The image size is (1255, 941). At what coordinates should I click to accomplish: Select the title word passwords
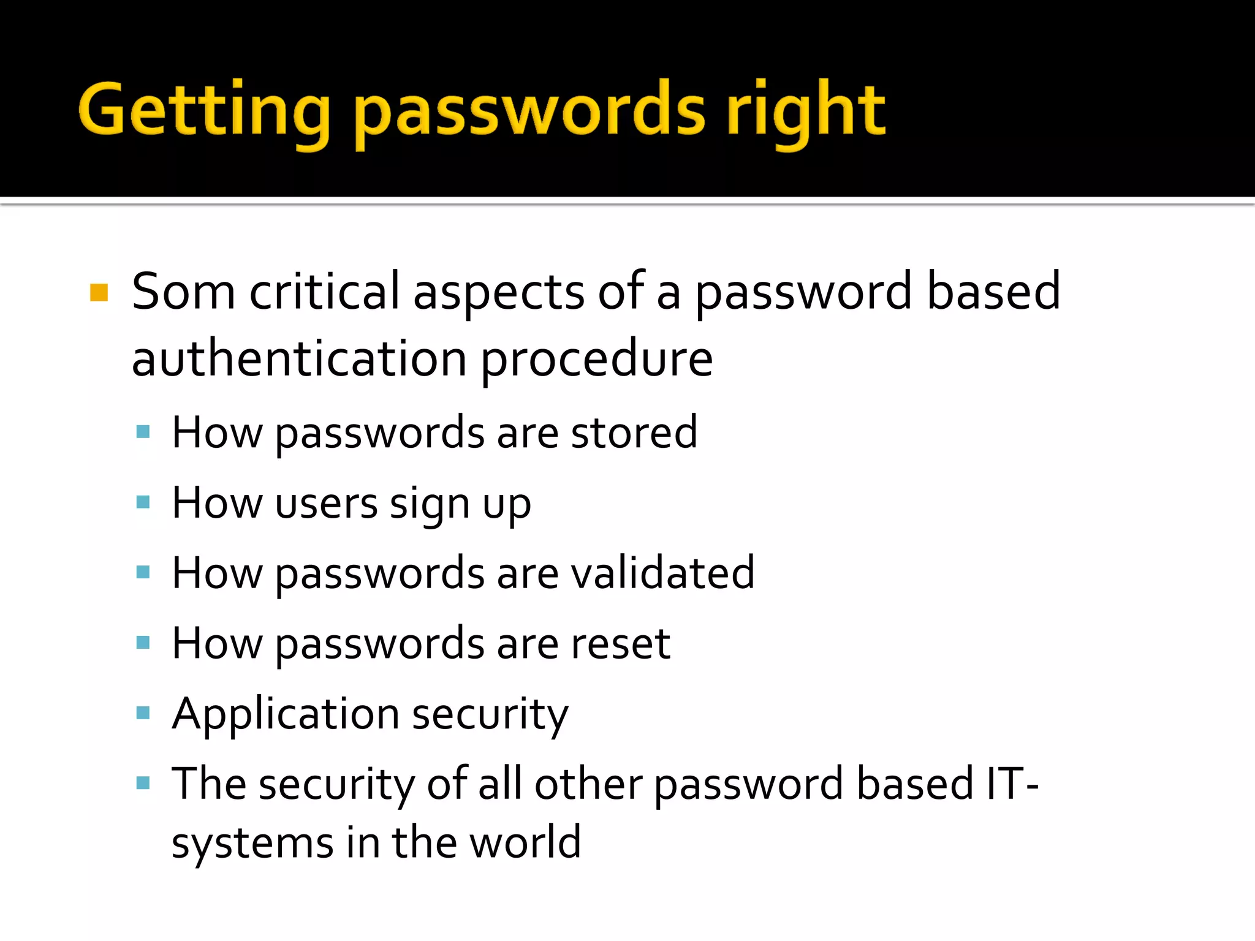coord(530,113)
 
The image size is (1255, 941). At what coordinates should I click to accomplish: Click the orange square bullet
coord(99,292)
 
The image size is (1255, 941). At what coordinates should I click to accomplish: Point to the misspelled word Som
coord(183,292)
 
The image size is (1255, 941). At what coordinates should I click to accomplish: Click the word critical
coord(324,292)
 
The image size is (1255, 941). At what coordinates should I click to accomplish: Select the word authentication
coord(299,359)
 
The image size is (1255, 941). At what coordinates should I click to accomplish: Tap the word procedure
coord(596,360)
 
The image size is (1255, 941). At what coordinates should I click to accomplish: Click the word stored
coord(634,433)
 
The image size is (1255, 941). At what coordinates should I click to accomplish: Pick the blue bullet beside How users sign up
coord(143,502)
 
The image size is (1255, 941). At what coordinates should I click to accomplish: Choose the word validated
coord(662,573)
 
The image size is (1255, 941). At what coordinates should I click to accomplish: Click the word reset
coord(620,644)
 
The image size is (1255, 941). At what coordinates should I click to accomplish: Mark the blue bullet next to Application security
coord(143,712)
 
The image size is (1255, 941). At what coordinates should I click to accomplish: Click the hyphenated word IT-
coord(1012,784)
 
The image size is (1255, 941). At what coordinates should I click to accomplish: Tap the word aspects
coord(499,293)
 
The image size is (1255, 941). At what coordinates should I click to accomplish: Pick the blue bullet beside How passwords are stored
coord(143,432)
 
